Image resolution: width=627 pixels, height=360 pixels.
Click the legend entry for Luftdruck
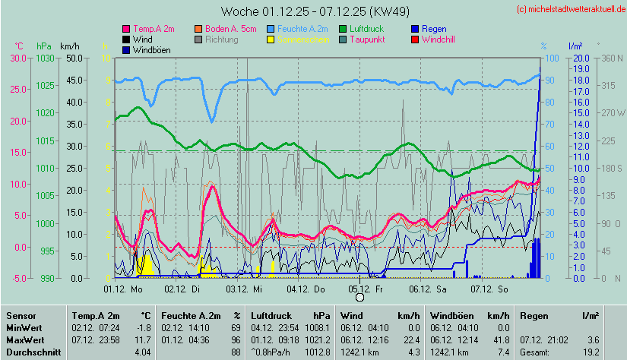(370, 28)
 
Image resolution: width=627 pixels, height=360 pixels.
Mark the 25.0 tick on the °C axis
(17, 90)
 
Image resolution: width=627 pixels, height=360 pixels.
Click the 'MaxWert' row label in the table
(24, 339)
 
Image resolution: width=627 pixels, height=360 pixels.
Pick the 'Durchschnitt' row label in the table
(30, 352)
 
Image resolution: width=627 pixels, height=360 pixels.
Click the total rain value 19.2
(590, 352)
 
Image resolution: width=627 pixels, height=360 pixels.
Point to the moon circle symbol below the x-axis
(359, 296)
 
